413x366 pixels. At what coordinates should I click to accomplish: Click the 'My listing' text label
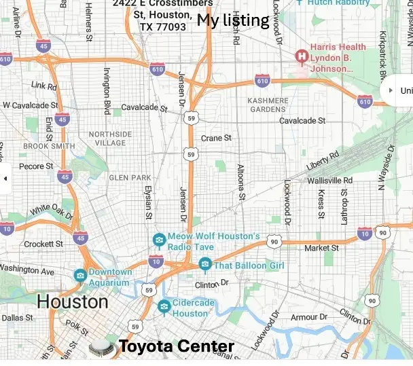click(x=233, y=20)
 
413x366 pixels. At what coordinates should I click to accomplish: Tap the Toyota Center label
click(x=177, y=347)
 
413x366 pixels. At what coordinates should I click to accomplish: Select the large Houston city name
click(x=72, y=301)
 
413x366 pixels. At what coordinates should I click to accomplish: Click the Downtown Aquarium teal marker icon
click(x=80, y=275)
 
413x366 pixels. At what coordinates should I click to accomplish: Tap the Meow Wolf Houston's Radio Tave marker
click(x=159, y=240)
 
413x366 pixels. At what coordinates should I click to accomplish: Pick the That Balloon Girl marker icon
click(x=204, y=264)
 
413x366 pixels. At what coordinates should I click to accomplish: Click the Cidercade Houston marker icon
click(x=164, y=307)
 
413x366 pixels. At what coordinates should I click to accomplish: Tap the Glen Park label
click(x=130, y=177)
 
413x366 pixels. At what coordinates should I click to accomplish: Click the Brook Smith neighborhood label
click(x=49, y=146)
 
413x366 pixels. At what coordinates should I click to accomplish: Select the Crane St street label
click(x=216, y=138)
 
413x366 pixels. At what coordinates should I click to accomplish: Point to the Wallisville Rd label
click(x=329, y=180)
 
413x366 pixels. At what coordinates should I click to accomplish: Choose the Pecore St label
click(x=35, y=166)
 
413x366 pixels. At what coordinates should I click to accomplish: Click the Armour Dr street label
click(x=304, y=317)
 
